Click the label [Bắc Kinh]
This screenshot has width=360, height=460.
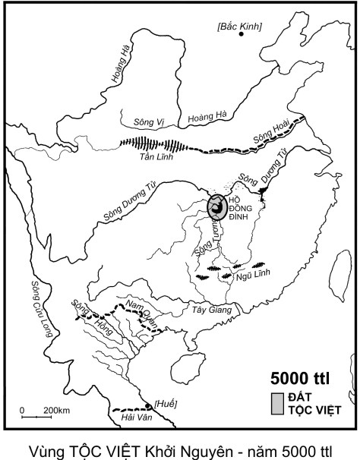tap(239, 26)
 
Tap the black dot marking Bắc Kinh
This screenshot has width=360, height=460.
tap(242, 35)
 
